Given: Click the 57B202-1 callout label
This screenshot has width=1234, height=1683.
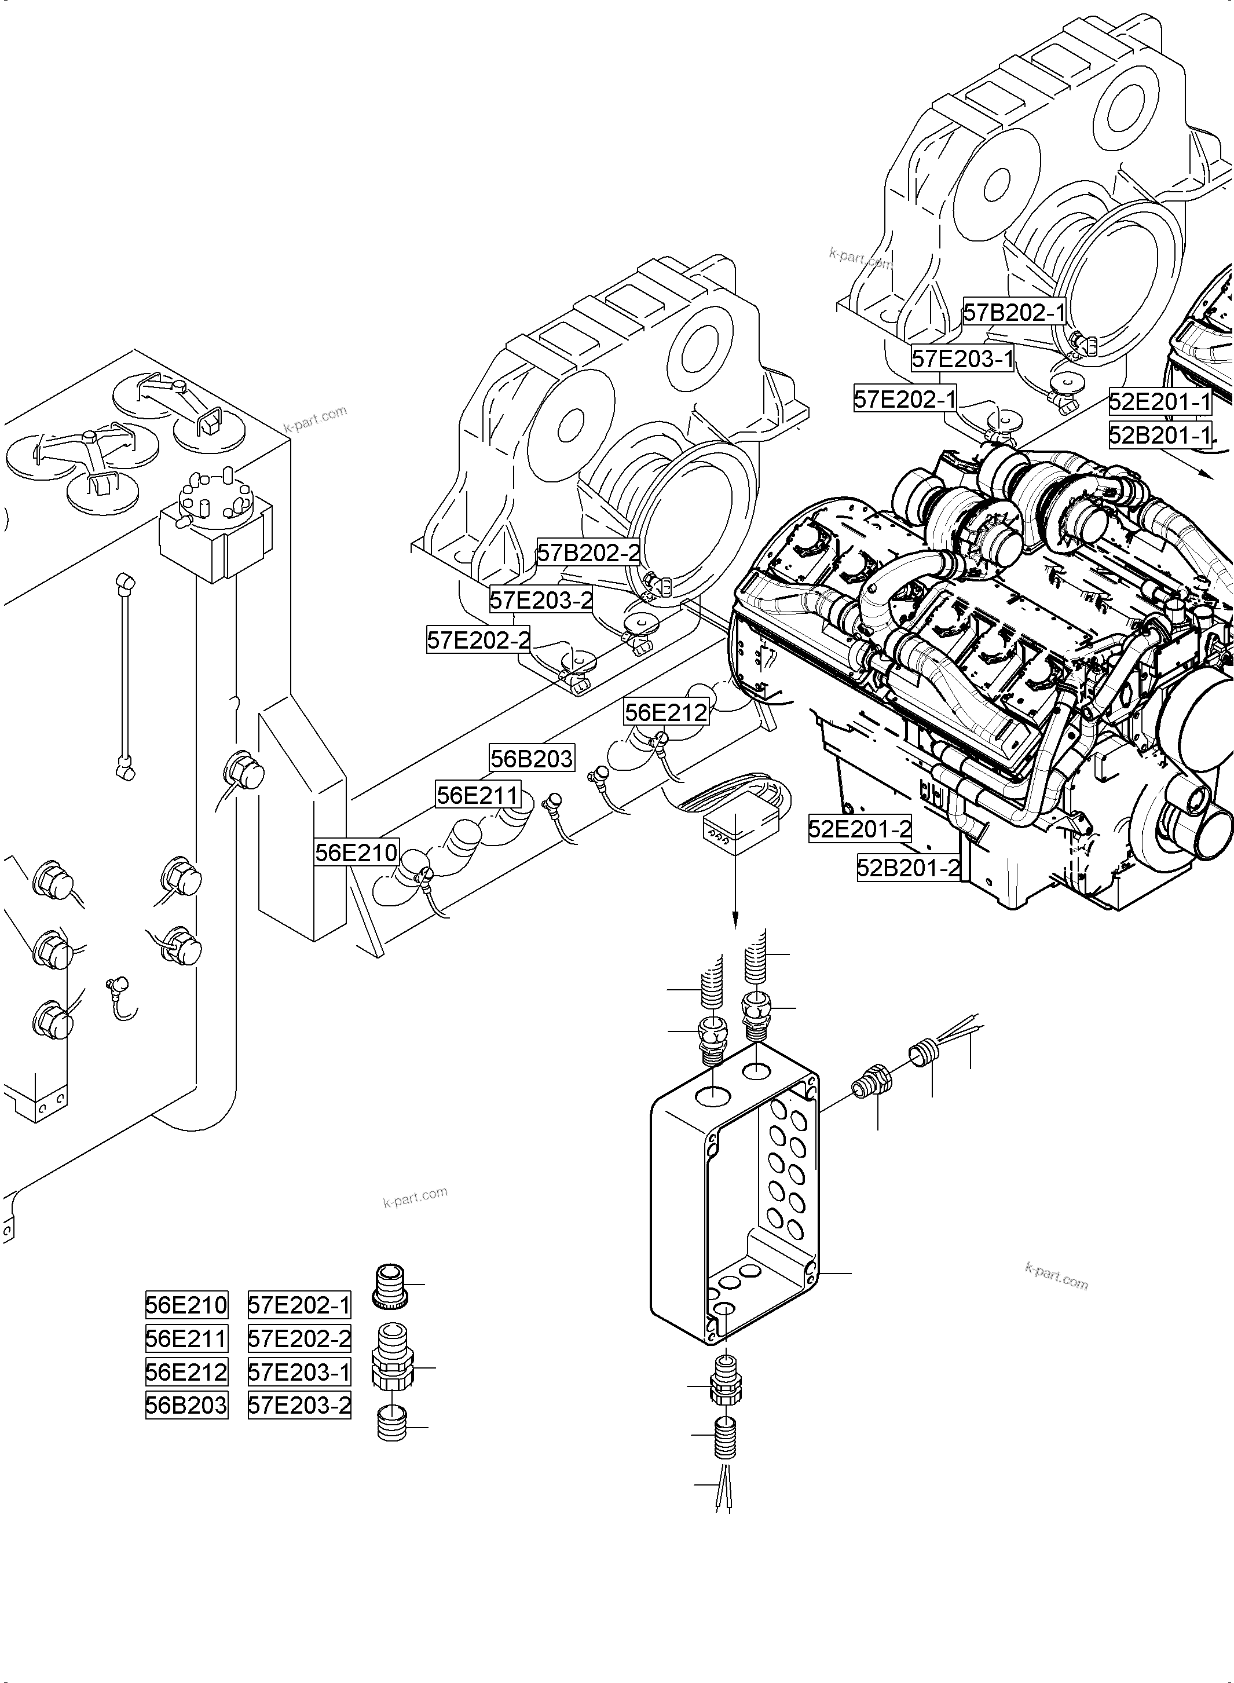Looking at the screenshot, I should tap(1013, 312).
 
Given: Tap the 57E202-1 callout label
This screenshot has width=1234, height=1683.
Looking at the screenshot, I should tap(905, 399).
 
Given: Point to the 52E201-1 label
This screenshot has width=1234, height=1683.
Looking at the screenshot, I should tap(1159, 402).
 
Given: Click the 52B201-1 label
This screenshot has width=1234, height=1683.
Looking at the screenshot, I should tap(1159, 435).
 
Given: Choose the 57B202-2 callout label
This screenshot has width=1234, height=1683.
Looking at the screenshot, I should tap(588, 553).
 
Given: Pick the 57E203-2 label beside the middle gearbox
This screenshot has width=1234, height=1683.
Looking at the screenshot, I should tap(541, 599).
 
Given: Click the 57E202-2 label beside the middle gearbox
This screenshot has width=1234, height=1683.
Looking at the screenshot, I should tap(478, 640).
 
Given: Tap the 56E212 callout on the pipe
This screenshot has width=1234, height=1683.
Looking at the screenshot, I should tap(665, 712).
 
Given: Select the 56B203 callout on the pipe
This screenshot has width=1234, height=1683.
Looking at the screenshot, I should tap(532, 758).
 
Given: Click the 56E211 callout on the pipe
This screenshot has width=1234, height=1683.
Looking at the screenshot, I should tap(478, 795).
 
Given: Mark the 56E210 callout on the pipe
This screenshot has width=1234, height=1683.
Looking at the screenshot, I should tap(356, 853).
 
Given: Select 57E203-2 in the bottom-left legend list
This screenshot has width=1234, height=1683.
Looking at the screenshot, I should tap(299, 1405).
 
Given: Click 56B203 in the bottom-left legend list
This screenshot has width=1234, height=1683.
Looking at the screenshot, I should tap(186, 1405).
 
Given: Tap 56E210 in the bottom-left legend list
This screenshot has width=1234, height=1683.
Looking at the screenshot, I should tap(186, 1305).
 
